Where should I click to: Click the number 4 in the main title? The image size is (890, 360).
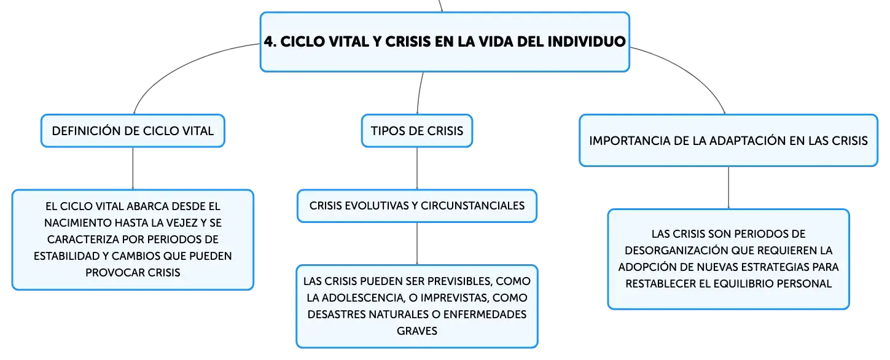[x=268, y=41]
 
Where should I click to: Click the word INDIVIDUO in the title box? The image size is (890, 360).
[x=587, y=41]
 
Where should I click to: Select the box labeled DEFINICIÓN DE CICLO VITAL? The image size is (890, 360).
[x=133, y=131]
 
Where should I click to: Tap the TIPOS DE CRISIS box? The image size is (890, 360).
[x=417, y=131]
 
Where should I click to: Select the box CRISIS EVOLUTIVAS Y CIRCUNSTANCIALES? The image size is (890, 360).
[x=417, y=206]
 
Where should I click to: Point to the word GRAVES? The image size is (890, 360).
[x=417, y=331]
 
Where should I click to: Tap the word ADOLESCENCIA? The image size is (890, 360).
[x=363, y=298]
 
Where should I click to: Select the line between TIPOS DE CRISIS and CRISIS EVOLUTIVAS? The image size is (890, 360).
[x=417, y=168]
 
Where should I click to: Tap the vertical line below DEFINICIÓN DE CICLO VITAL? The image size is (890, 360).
[x=133, y=168]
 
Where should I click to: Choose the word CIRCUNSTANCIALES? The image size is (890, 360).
[x=472, y=206]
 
